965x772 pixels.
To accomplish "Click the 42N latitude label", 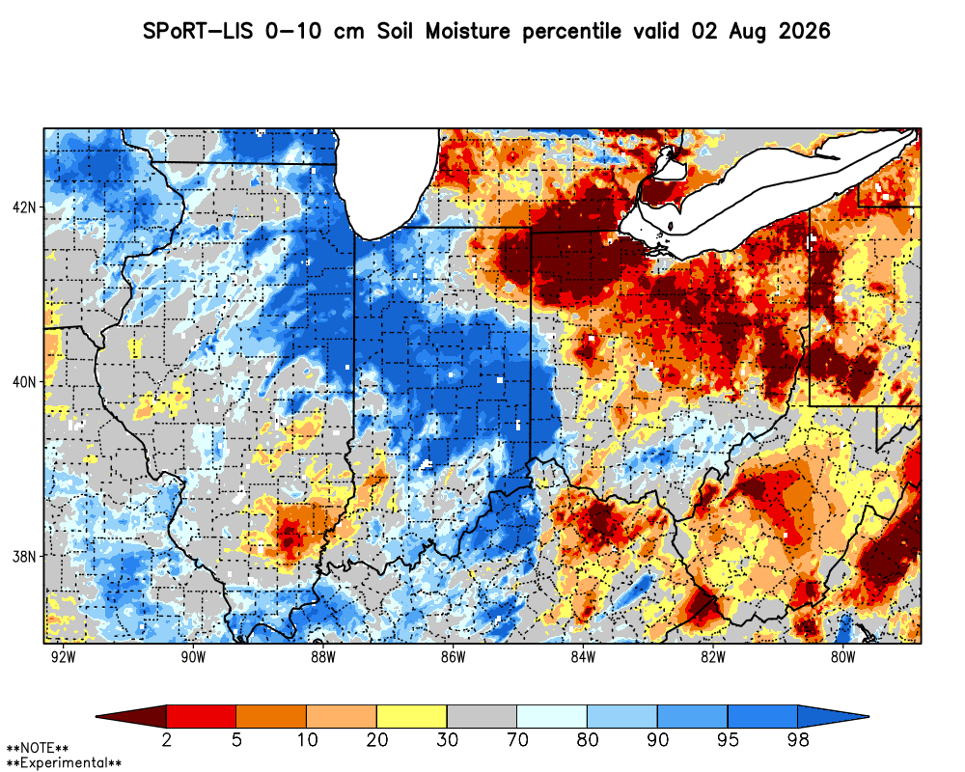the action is (x=24, y=207).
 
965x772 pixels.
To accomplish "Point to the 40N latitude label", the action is (x=24, y=382).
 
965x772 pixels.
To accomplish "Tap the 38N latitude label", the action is (x=24, y=557).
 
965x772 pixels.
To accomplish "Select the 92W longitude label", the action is (x=63, y=657).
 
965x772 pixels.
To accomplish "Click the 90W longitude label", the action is (x=193, y=657).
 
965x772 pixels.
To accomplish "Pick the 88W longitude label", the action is (x=323, y=657).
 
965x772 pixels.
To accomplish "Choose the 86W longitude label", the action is (x=454, y=657).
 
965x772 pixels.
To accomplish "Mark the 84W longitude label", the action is (x=584, y=657).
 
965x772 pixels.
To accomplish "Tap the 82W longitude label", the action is (x=713, y=657).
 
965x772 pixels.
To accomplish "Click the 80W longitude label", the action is (x=843, y=657).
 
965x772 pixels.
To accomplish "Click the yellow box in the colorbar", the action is (x=412, y=717).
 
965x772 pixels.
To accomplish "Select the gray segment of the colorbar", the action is (x=482, y=717).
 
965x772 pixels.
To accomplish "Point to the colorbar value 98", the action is (x=798, y=739).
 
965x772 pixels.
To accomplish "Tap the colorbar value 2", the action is (x=166, y=739).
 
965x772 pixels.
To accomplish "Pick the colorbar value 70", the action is (x=517, y=739).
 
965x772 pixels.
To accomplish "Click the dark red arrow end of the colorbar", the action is (x=131, y=717).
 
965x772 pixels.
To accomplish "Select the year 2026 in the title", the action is (x=805, y=31).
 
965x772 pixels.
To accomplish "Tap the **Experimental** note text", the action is (x=64, y=763).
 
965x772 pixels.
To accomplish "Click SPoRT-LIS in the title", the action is (x=198, y=31).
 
